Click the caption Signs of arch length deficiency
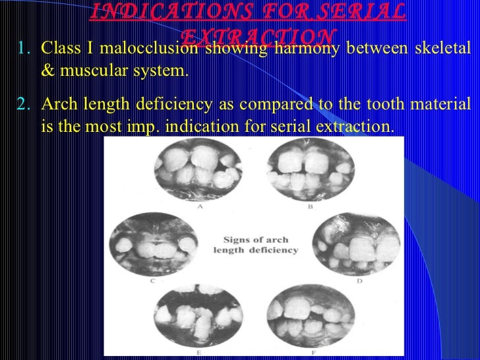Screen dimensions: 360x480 coord(255,244)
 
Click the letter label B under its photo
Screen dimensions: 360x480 coord(310,206)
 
